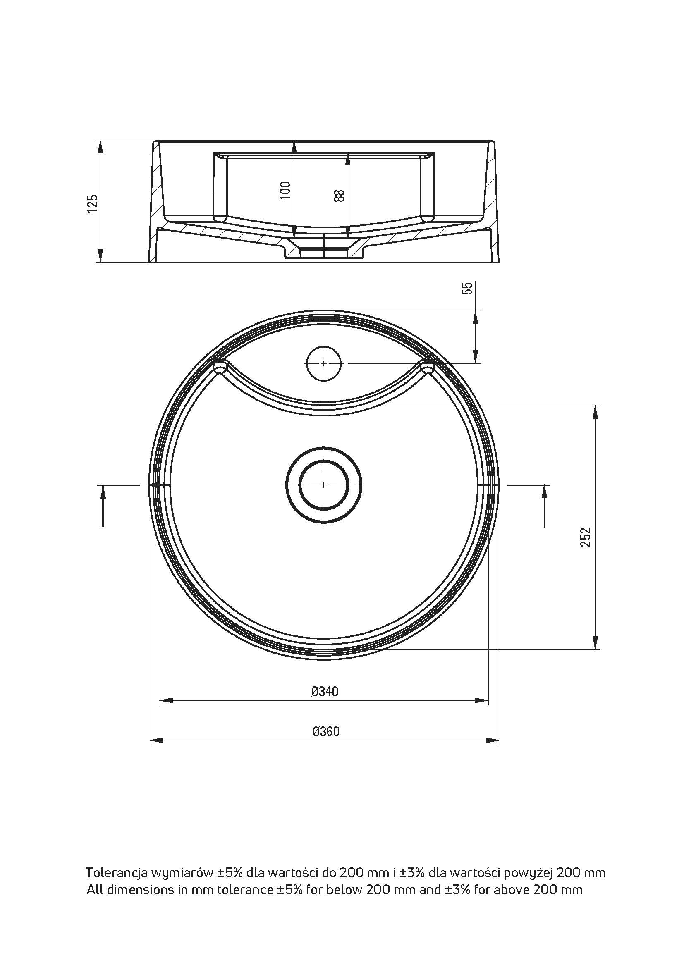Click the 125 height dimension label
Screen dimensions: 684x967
(93, 203)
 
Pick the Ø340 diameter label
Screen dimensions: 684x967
(325, 691)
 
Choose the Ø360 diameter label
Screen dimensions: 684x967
(325, 732)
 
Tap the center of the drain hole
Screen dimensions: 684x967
(323, 485)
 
